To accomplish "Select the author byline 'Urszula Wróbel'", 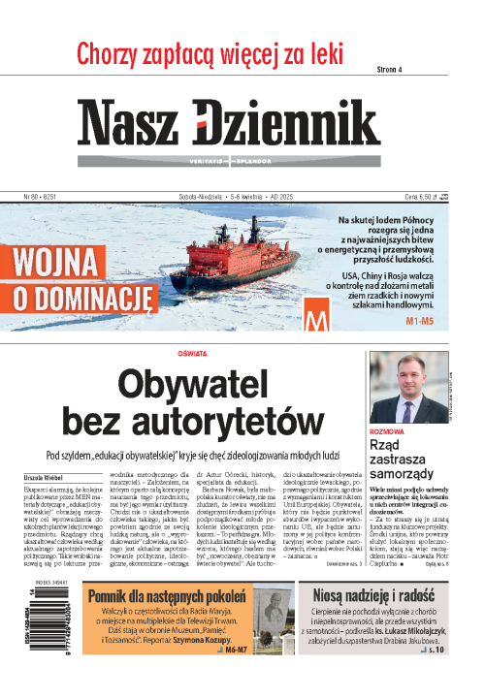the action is pyautogui.click(x=45, y=477).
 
